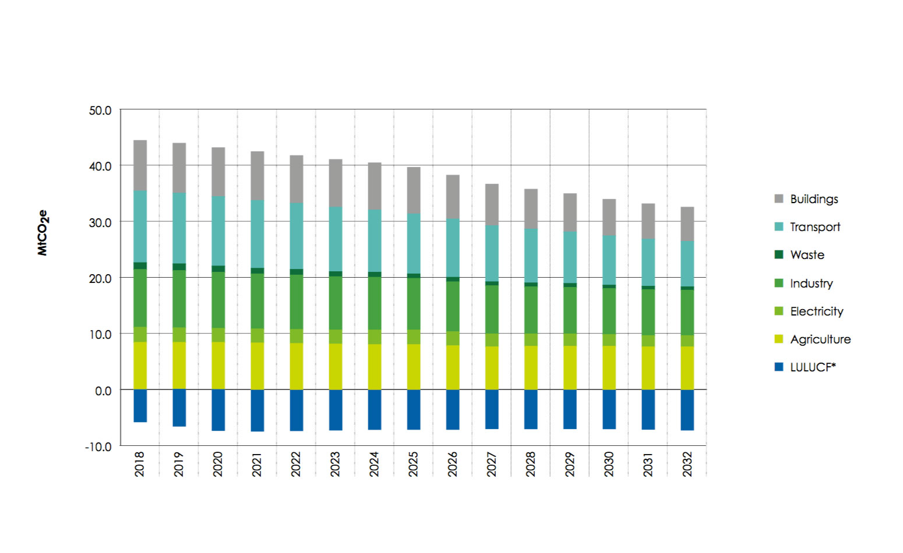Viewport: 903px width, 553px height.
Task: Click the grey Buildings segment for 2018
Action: (x=140, y=165)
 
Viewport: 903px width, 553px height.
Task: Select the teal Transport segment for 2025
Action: (x=414, y=243)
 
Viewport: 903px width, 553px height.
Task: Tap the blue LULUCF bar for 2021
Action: (x=257, y=410)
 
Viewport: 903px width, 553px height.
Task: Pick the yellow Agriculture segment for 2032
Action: (x=687, y=368)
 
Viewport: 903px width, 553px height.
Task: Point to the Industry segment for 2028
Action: (x=531, y=310)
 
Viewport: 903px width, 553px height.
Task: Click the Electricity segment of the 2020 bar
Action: (x=218, y=335)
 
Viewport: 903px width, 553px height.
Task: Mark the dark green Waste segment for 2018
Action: (x=140, y=265)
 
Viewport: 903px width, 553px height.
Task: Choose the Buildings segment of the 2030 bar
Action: (x=609, y=217)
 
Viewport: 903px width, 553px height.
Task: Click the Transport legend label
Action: (x=814, y=227)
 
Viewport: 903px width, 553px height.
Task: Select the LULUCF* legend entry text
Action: (x=813, y=367)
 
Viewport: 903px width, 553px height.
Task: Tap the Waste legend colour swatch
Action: (x=779, y=254)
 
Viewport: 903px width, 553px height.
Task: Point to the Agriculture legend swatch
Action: (x=779, y=339)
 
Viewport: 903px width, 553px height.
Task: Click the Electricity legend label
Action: (x=817, y=311)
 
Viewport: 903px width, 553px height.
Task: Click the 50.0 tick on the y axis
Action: (x=100, y=111)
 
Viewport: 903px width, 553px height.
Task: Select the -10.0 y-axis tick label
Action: (x=98, y=446)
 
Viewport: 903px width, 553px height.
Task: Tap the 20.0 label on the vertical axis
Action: (x=100, y=278)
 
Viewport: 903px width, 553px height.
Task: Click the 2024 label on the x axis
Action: (x=375, y=464)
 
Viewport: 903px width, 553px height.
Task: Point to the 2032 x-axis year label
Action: (x=687, y=464)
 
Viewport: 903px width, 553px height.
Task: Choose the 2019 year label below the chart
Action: (x=179, y=464)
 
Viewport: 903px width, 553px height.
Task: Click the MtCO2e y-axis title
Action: (x=43, y=233)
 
